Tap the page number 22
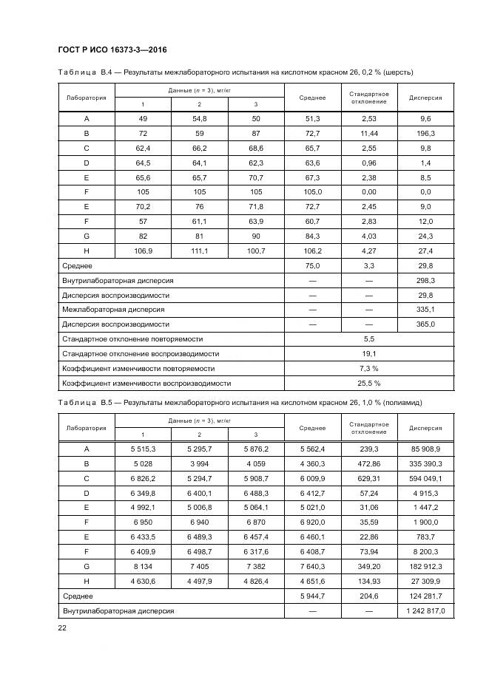pyautogui.click(x=61, y=627)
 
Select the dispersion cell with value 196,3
pyautogui.click(x=425, y=134)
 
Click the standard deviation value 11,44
pyautogui.click(x=369, y=134)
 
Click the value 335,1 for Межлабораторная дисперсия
pyautogui.click(x=425, y=309)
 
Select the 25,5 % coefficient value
pyautogui.click(x=369, y=384)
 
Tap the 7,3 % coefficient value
pyautogui.click(x=369, y=368)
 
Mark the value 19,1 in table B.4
pyautogui.click(x=369, y=353)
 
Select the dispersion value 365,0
pyautogui.click(x=425, y=324)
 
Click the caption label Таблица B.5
pyautogui.click(x=84, y=402)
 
